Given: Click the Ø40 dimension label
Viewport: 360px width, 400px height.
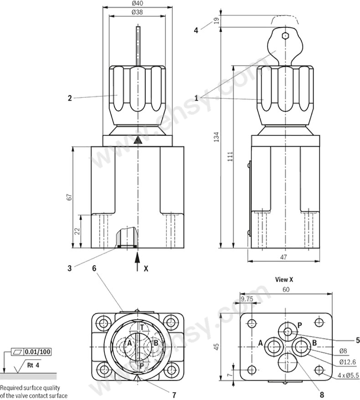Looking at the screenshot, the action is click(x=138, y=3).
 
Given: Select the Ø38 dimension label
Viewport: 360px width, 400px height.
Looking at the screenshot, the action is click(x=137, y=12).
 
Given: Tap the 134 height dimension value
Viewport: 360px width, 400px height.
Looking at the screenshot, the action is click(x=216, y=137).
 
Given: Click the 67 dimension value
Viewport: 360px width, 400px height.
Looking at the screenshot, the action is click(x=69, y=197).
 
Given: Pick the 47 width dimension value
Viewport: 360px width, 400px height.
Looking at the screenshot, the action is click(x=283, y=257).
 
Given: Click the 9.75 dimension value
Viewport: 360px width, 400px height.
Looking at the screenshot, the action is click(x=247, y=299).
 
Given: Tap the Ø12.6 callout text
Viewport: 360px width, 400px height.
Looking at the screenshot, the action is click(x=347, y=362).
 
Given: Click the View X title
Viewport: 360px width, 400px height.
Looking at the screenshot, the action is click(x=284, y=280).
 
